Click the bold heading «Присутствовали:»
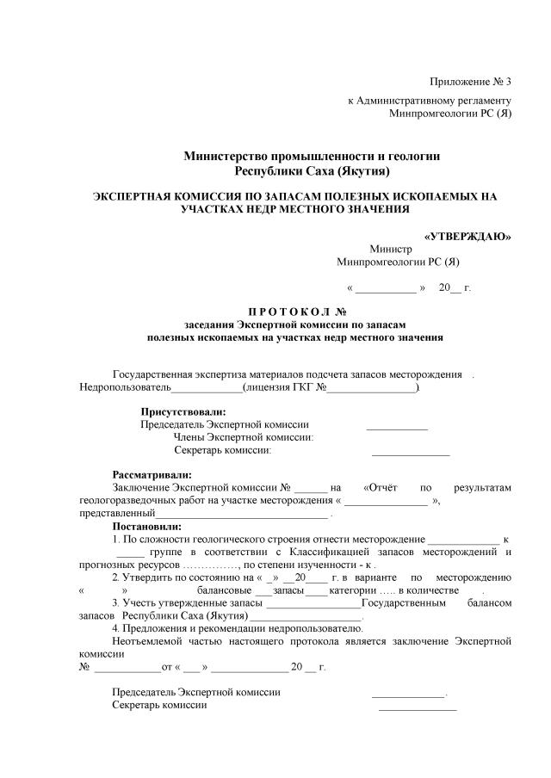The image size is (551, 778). coord(183,411)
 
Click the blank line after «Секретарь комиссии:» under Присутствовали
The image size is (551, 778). coord(410,452)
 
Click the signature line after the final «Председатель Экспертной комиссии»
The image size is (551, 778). coord(408,693)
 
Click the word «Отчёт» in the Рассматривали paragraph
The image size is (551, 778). coord(381,487)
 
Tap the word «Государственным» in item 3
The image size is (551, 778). coord(403,603)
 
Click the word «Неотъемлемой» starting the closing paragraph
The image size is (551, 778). coord(147,641)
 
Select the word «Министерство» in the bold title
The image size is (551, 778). coord(222,156)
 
